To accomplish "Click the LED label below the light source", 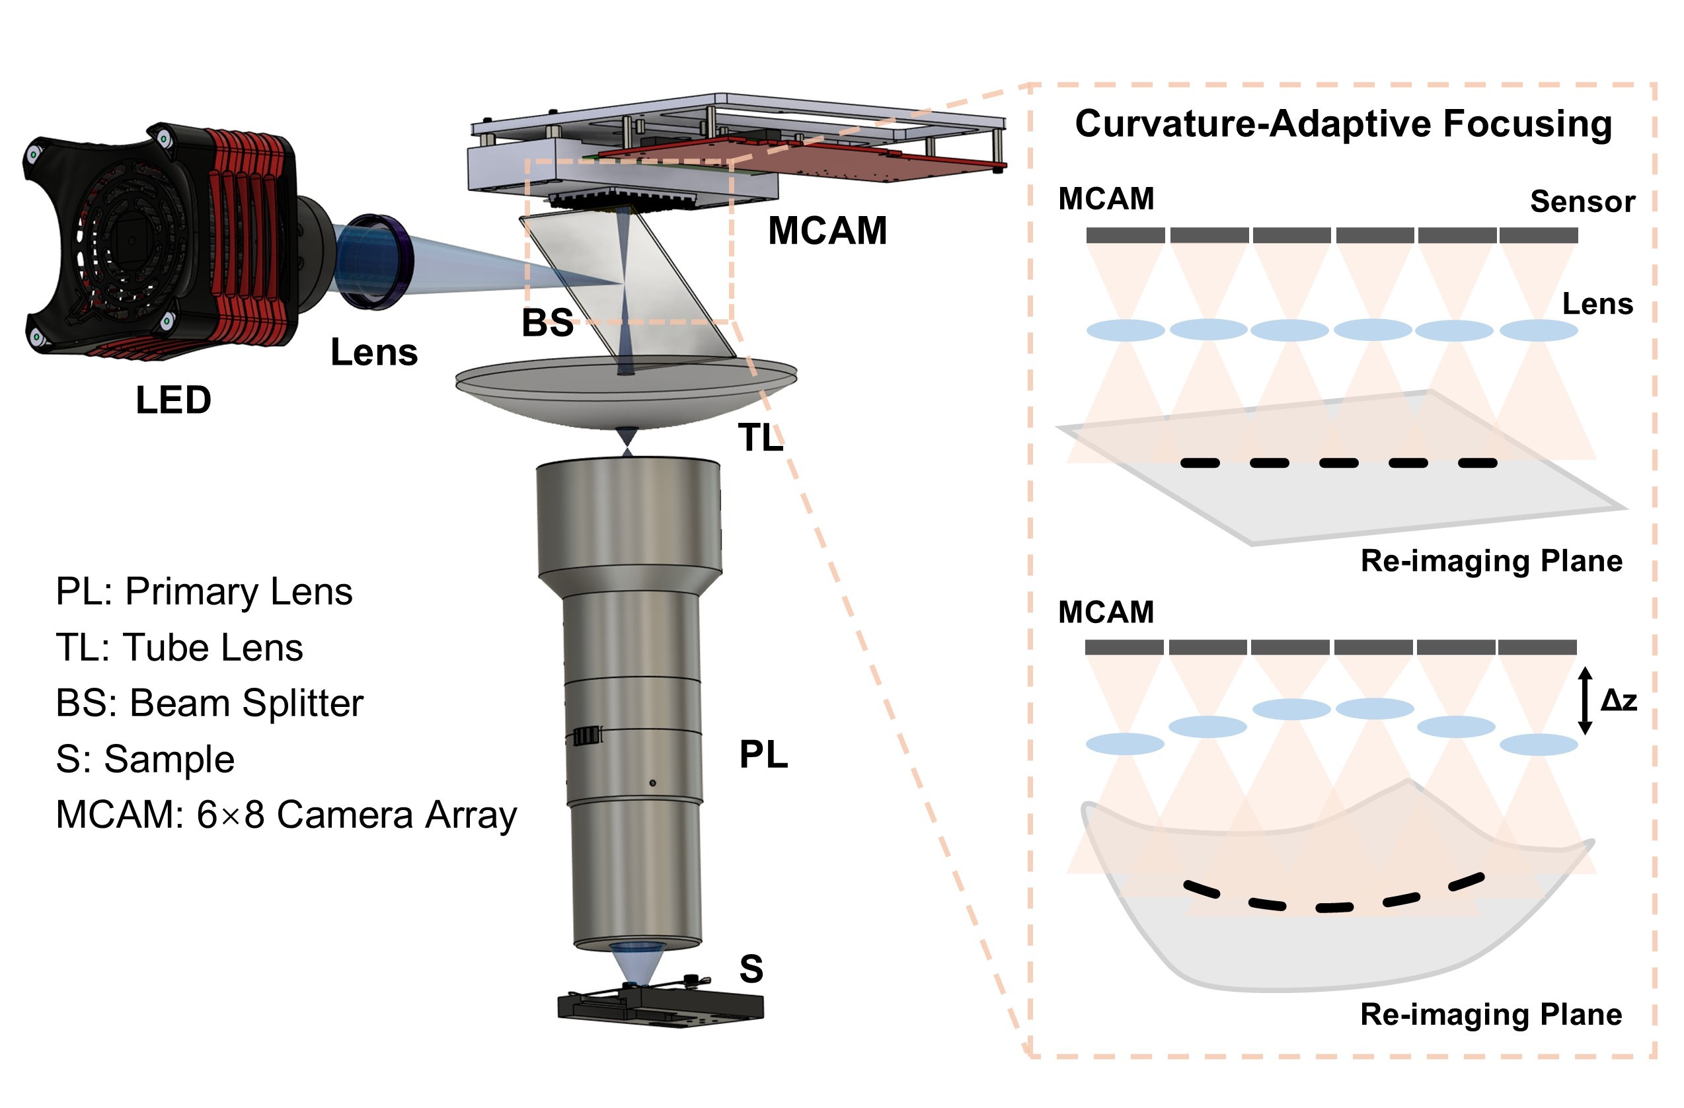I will (x=173, y=400).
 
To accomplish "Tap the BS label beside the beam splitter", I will (x=547, y=322).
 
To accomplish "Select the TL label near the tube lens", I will (x=761, y=437).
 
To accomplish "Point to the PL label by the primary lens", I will (x=763, y=755).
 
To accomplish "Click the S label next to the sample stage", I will (x=751, y=969).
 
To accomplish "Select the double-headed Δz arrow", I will (x=1585, y=700).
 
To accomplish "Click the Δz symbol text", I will (x=1619, y=700).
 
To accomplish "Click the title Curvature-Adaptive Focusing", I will (x=1343, y=124).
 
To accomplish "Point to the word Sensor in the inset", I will (x=1582, y=202).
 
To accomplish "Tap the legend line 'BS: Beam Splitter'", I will (x=210, y=703).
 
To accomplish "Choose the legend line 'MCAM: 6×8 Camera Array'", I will (x=286, y=815).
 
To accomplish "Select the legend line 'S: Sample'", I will (x=145, y=759).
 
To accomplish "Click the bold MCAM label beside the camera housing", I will (x=827, y=231).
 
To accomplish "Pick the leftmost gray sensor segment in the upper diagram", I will (x=1125, y=235).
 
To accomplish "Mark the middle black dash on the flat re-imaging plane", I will (x=1339, y=462).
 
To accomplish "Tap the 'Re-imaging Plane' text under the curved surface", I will (x=1491, y=1015).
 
